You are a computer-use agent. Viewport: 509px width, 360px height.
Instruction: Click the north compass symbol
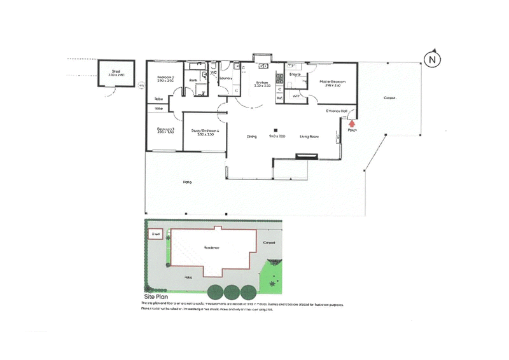tap(432, 59)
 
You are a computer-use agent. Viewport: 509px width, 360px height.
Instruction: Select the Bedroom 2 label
tap(165, 78)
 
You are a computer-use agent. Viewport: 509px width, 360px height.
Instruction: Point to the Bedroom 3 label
tap(165, 130)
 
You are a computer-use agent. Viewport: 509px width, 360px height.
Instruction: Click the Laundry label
tap(225, 78)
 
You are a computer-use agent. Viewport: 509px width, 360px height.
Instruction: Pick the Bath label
tap(193, 80)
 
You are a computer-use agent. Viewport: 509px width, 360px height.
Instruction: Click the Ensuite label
tap(295, 74)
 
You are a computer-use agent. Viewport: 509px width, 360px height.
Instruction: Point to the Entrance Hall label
tap(336, 111)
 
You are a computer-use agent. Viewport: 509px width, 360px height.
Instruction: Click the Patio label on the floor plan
tap(187, 183)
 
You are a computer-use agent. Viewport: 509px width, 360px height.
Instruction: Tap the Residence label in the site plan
tap(211, 247)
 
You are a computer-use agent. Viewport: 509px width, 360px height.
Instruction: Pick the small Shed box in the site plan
tap(154, 234)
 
